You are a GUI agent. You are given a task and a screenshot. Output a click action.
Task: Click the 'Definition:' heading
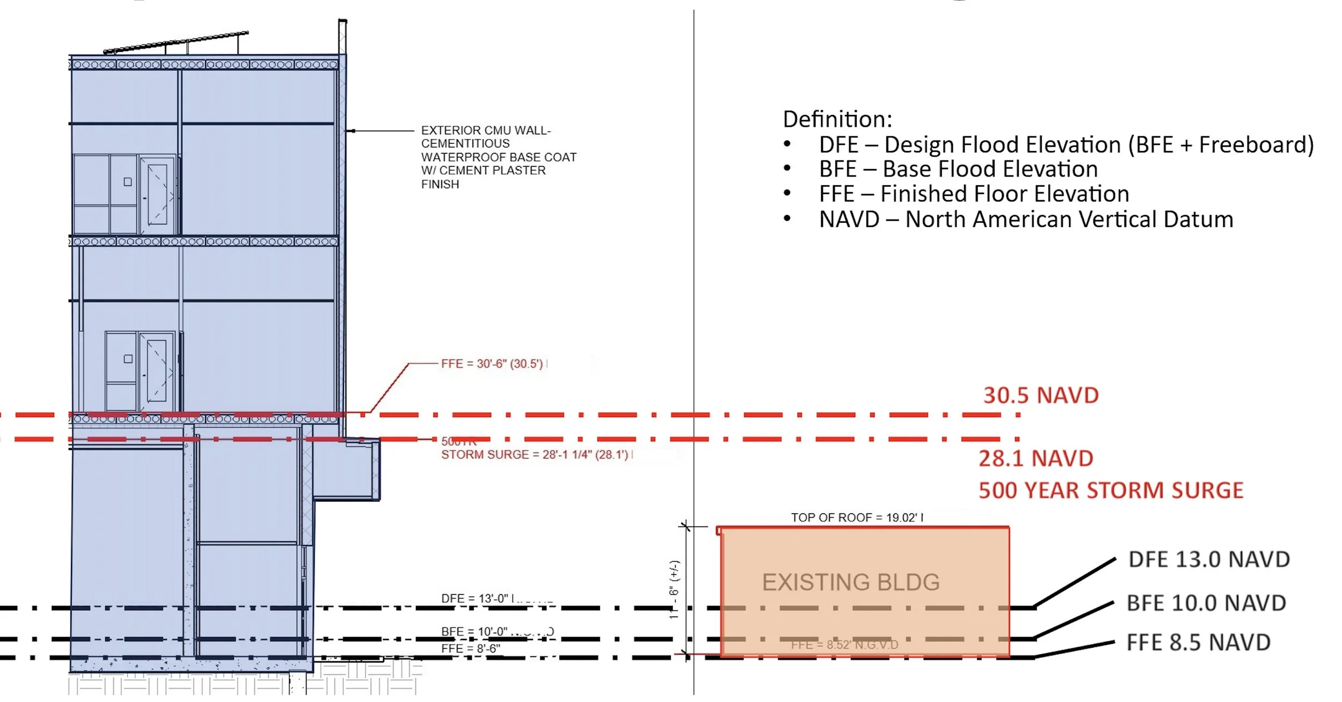point(837,119)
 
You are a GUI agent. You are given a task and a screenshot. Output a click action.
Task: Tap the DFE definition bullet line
point(1066,145)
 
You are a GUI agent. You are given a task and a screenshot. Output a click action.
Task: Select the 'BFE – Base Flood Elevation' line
point(958,169)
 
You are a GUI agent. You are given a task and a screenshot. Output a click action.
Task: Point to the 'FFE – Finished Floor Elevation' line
point(974,194)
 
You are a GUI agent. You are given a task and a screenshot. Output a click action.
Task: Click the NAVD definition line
point(1026,220)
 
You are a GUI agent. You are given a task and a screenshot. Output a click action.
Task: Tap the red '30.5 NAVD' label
point(1041,396)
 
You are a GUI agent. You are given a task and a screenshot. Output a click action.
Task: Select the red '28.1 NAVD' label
point(1035,458)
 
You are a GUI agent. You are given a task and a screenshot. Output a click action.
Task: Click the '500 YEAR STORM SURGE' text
point(1111,491)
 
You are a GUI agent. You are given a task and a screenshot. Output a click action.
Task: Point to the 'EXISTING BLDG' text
point(851,582)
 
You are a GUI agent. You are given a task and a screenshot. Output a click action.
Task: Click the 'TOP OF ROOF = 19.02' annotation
point(857,517)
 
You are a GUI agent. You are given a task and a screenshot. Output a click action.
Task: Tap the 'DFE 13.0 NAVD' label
point(1209,559)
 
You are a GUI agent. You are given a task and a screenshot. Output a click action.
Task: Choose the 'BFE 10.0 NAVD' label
point(1206,603)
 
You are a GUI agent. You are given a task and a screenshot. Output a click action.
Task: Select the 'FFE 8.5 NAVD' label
point(1198,642)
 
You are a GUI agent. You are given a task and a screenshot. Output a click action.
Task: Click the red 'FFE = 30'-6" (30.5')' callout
point(492,364)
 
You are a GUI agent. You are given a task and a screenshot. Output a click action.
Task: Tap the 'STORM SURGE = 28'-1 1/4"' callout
point(535,455)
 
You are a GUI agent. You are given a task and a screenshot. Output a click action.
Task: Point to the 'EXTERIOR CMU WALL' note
point(498,157)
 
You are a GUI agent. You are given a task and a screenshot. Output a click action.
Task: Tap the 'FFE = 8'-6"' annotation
point(470,649)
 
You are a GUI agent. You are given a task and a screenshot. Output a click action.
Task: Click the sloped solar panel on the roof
point(176,42)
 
